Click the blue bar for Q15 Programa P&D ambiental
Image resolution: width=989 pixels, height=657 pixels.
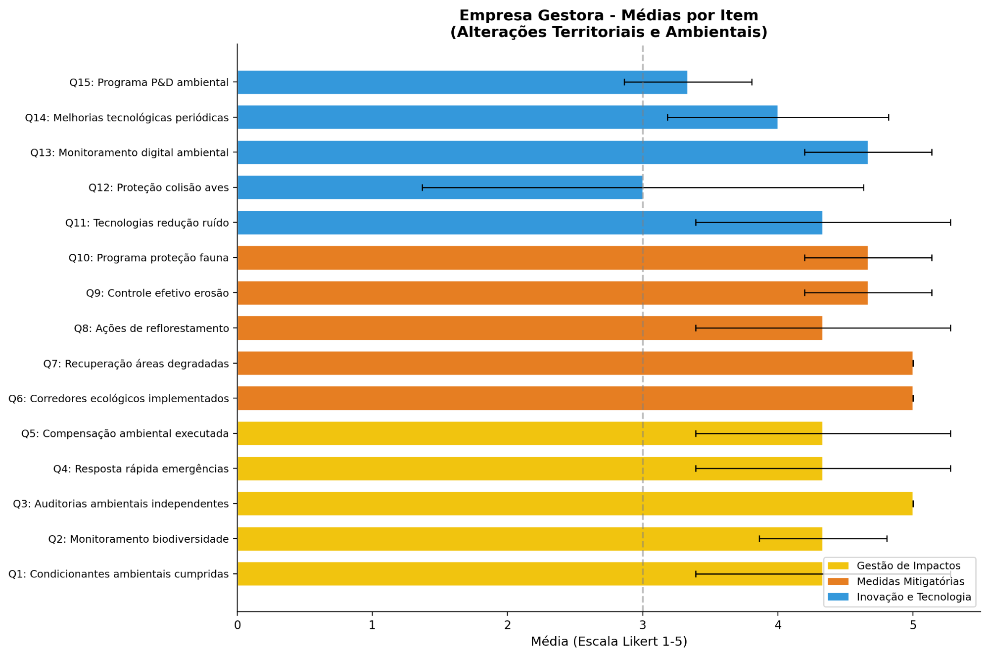(x=462, y=82)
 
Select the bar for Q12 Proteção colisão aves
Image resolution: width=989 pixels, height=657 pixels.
(x=440, y=188)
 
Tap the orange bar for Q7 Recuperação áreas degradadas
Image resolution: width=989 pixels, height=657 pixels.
(x=574, y=363)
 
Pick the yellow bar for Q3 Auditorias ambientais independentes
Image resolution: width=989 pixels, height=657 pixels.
(x=574, y=504)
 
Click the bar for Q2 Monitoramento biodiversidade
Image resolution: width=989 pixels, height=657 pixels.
(x=529, y=539)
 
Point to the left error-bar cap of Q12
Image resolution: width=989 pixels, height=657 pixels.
(x=422, y=188)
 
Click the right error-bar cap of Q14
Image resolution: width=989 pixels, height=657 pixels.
(x=889, y=117)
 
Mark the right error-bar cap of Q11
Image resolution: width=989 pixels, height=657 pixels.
(x=950, y=223)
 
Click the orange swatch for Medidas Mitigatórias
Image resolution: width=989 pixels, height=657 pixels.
(x=838, y=581)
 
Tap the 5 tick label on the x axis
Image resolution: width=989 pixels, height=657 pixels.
(x=913, y=625)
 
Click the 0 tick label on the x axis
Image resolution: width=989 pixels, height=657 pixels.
(x=237, y=625)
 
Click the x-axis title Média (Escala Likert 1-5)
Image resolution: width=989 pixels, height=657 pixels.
(x=609, y=642)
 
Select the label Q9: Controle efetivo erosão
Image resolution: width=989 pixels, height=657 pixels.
(x=157, y=293)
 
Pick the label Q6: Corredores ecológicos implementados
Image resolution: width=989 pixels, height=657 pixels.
(x=118, y=398)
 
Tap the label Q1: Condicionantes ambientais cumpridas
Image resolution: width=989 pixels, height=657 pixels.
(x=118, y=574)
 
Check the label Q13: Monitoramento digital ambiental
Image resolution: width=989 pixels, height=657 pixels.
(x=129, y=152)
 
